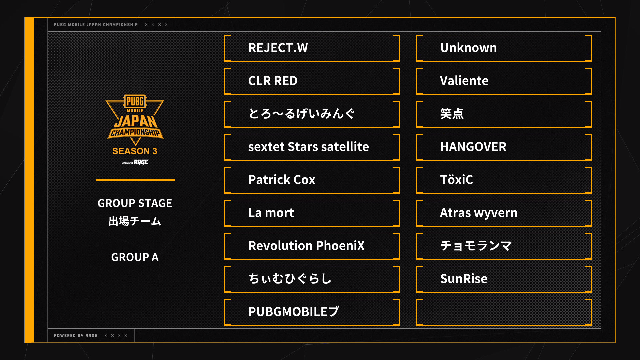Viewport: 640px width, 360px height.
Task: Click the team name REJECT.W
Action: pyautogui.click(x=278, y=48)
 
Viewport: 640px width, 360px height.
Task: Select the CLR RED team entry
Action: pyautogui.click(x=273, y=81)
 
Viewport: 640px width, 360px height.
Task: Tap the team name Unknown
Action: pyautogui.click(x=468, y=48)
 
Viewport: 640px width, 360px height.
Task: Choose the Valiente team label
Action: pyautogui.click(x=464, y=81)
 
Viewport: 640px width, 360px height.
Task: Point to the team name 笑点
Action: pyautogui.click(x=452, y=114)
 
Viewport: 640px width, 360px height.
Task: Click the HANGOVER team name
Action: pyautogui.click(x=473, y=147)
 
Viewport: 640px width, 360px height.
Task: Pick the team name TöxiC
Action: pyautogui.click(x=456, y=180)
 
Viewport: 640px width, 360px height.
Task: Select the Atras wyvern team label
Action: pyautogui.click(x=478, y=213)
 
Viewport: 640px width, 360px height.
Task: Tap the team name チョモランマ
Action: pyautogui.click(x=476, y=246)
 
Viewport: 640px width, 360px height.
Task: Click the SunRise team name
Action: pyautogui.click(x=463, y=279)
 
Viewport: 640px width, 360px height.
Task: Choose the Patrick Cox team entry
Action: pyautogui.click(x=282, y=180)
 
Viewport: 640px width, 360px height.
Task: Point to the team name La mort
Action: pyautogui.click(x=271, y=213)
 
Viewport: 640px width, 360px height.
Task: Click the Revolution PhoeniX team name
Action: pyautogui.click(x=306, y=246)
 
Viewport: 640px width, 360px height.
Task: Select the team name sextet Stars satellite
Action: pyautogui.click(x=308, y=147)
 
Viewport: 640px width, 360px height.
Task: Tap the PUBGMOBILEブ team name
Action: pyautogui.click(x=294, y=312)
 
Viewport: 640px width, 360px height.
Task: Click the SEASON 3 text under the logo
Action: pyautogui.click(x=135, y=151)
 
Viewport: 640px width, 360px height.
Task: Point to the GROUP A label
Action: pyautogui.click(x=135, y=257)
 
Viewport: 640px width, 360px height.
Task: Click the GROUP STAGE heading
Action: pyautogui.click(x=135, y=203)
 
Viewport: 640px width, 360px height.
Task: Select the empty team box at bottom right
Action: pyautogui.click(x=504, y=312)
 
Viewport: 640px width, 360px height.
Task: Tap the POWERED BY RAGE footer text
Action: pyautogui.click(x=76, y=336)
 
